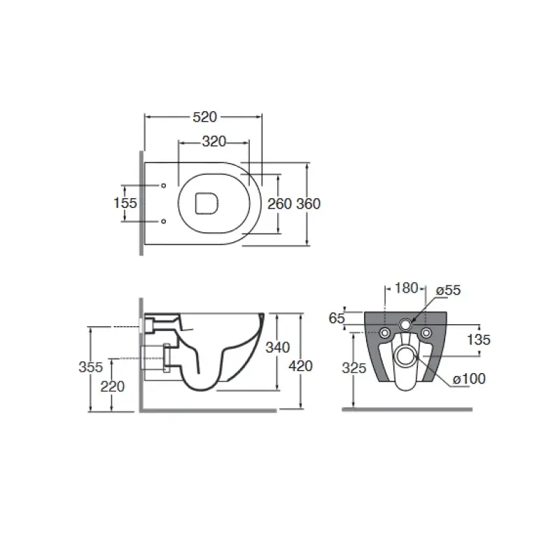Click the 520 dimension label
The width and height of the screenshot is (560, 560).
[x=204, y=117]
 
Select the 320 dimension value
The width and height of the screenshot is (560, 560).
[x=214, y=142]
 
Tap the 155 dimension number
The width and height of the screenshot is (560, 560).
[x=125, y=203]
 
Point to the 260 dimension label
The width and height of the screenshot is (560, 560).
[x=279, y=204]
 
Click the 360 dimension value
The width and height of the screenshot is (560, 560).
[x=309, y=204]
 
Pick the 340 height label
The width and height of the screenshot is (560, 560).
[x=277, y=347]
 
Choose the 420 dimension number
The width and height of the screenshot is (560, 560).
[x=301, y=365]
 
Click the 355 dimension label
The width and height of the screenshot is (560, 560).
[x=91, y=367]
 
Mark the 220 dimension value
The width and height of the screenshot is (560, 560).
[x=113, y=386]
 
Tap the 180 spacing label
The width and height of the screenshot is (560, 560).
[x=406, y=288]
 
